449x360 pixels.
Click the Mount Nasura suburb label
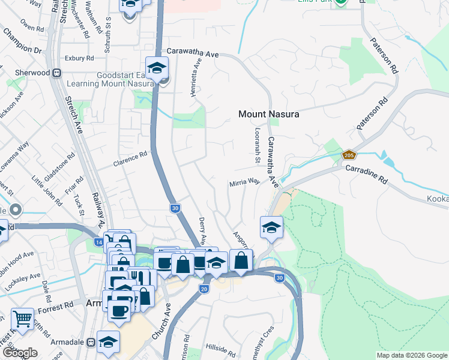(268, 113)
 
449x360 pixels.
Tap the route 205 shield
(348, 155)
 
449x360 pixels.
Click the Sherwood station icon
(58, 73)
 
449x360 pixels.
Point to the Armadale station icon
(91, 342)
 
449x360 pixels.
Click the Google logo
(19, 353)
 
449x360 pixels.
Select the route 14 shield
(98, 241)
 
